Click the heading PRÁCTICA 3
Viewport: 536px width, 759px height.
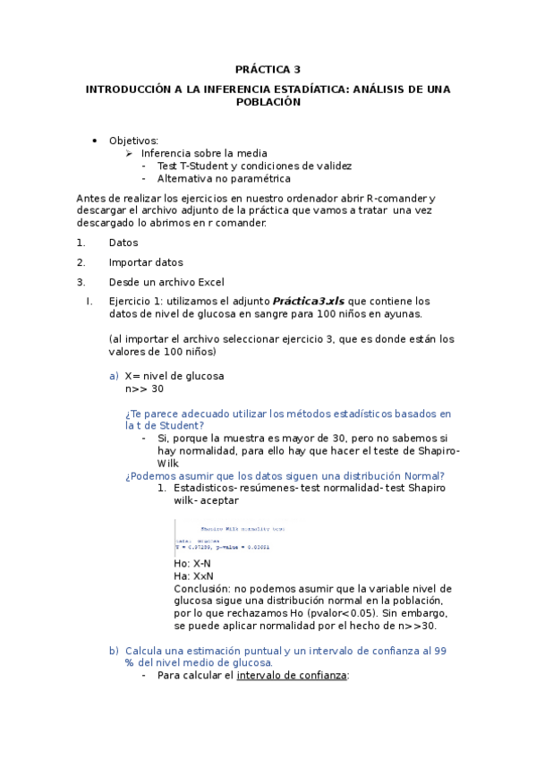point(268,69)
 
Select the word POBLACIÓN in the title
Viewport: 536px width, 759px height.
point(268,102)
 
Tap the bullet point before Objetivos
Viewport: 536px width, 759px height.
point(94,141)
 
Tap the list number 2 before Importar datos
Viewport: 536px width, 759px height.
point(81,262)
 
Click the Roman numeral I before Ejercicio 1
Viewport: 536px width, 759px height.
point(89,302)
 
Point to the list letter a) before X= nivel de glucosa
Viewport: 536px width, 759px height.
point(114,376)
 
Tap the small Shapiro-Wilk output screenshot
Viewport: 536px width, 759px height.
point(235,537)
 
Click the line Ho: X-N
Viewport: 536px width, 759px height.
point(192,563)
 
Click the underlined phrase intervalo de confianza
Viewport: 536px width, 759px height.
point(291,676)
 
